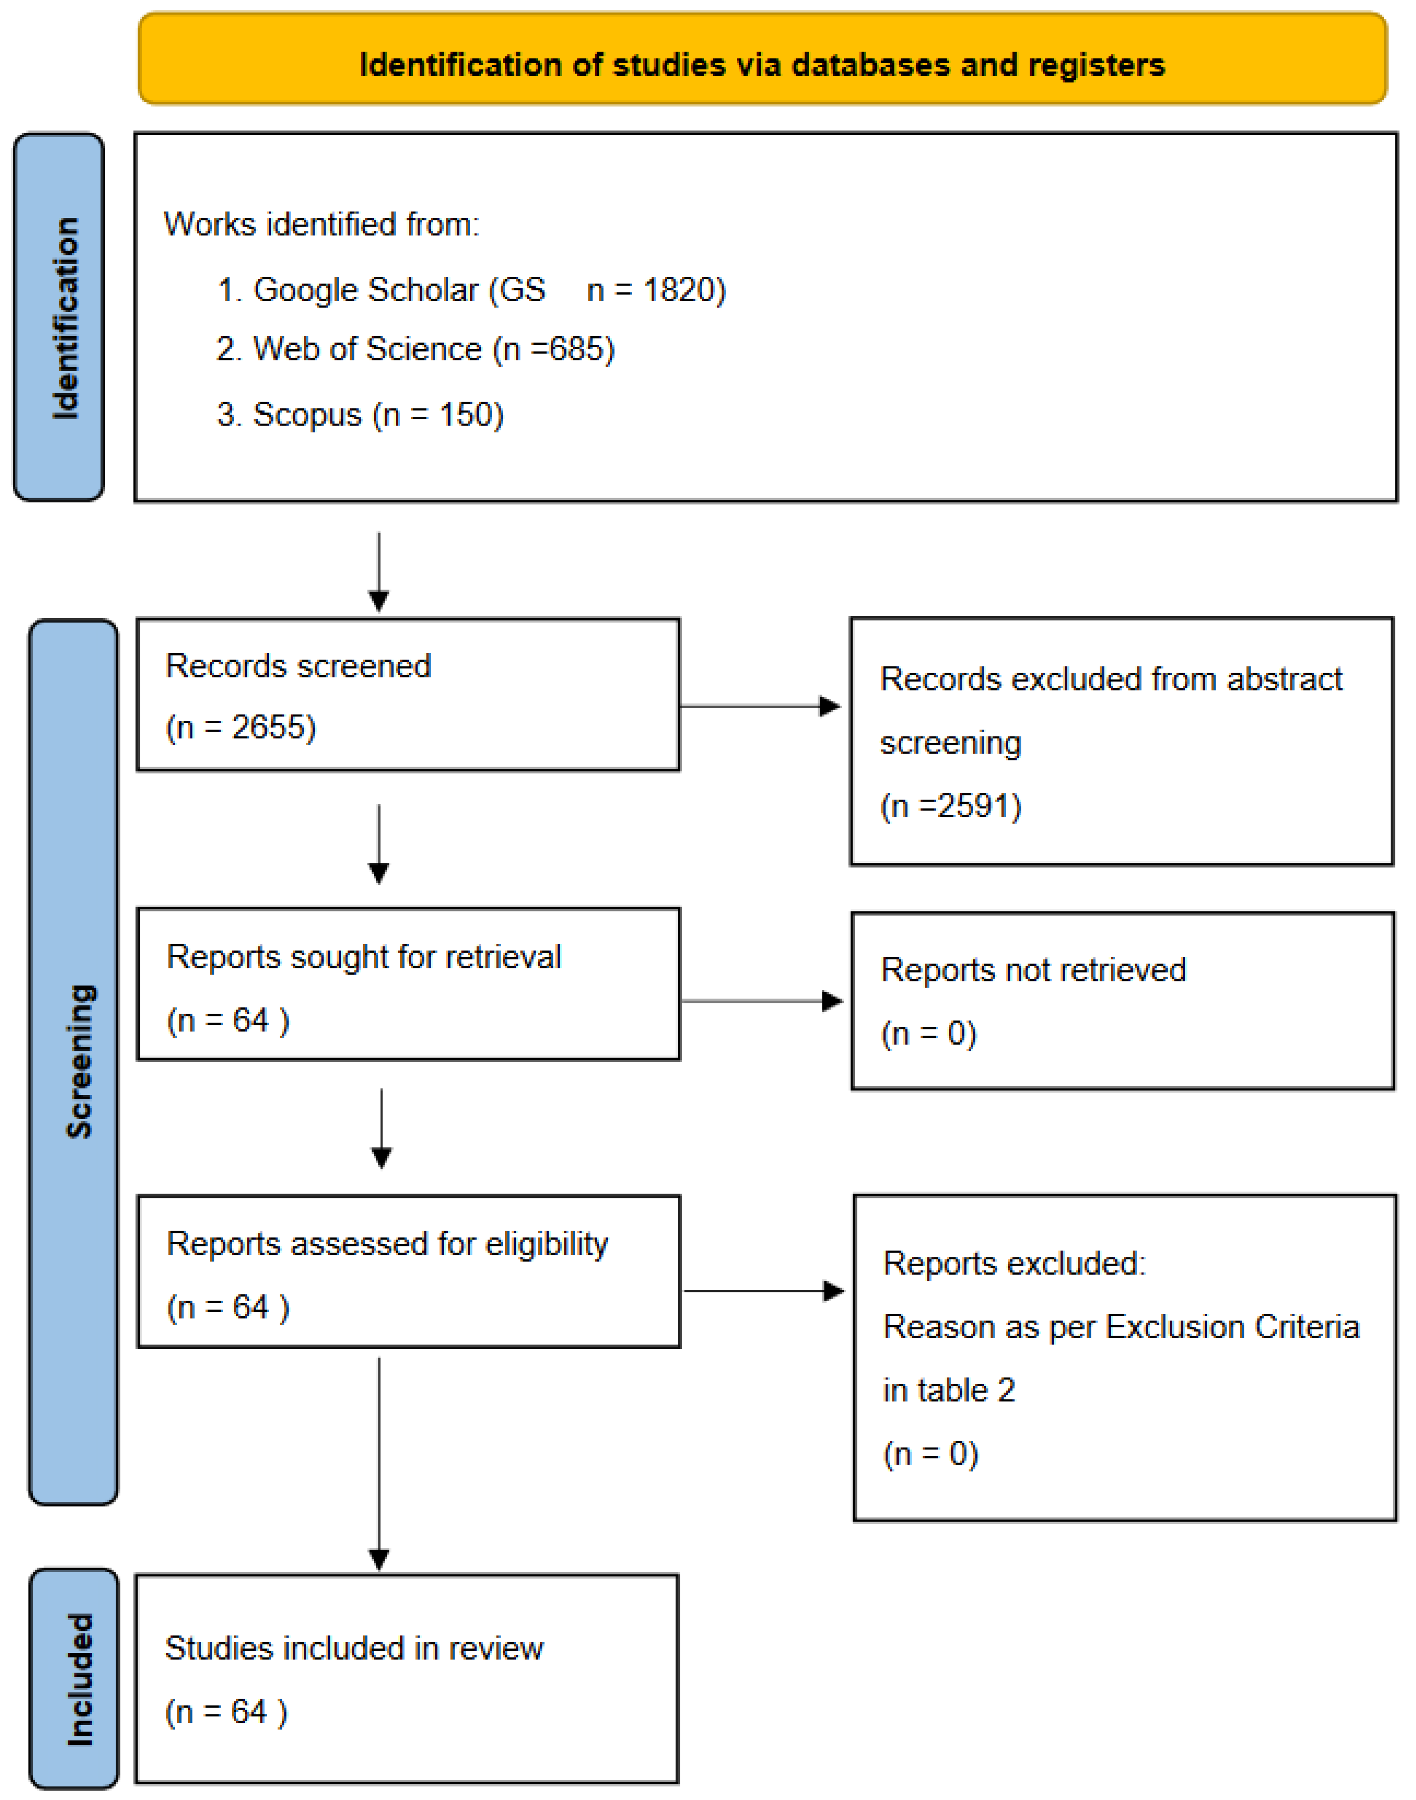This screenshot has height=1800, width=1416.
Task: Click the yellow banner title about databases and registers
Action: [761, 65]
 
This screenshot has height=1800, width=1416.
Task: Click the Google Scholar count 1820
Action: [683, 290]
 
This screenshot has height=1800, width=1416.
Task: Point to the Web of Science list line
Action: [415, 349]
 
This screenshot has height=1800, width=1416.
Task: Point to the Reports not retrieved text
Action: [1033, 970]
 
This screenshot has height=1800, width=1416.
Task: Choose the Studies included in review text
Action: [354, 1648]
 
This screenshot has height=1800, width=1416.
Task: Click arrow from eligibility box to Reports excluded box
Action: [763, 1291]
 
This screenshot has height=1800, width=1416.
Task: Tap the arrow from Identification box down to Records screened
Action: [379, 572]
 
